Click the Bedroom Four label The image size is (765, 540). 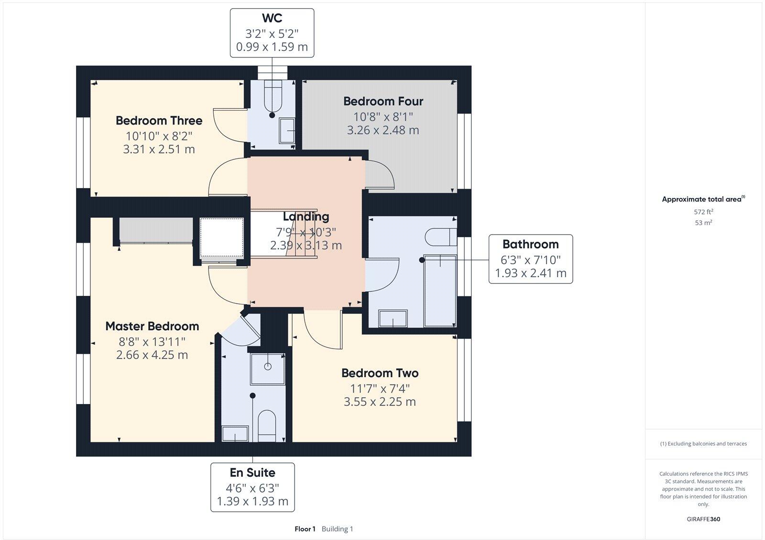[383, 101]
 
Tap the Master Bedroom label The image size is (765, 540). [152, 326]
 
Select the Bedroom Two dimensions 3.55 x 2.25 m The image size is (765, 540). [380, 402]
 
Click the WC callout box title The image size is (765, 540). [272, 18]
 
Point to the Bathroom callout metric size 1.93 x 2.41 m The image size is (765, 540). [530, 273]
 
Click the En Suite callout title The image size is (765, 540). [252, 472]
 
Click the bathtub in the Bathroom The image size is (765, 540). [440, 291]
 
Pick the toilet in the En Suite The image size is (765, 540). [267, 426]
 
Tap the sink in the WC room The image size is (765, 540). [287, 130]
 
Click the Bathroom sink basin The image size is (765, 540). [393, 318]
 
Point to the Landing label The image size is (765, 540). [306, 216]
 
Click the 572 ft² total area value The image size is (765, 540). [703, 212]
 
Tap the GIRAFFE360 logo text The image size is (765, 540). [703, 519]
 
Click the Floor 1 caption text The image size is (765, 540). [305, 529]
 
